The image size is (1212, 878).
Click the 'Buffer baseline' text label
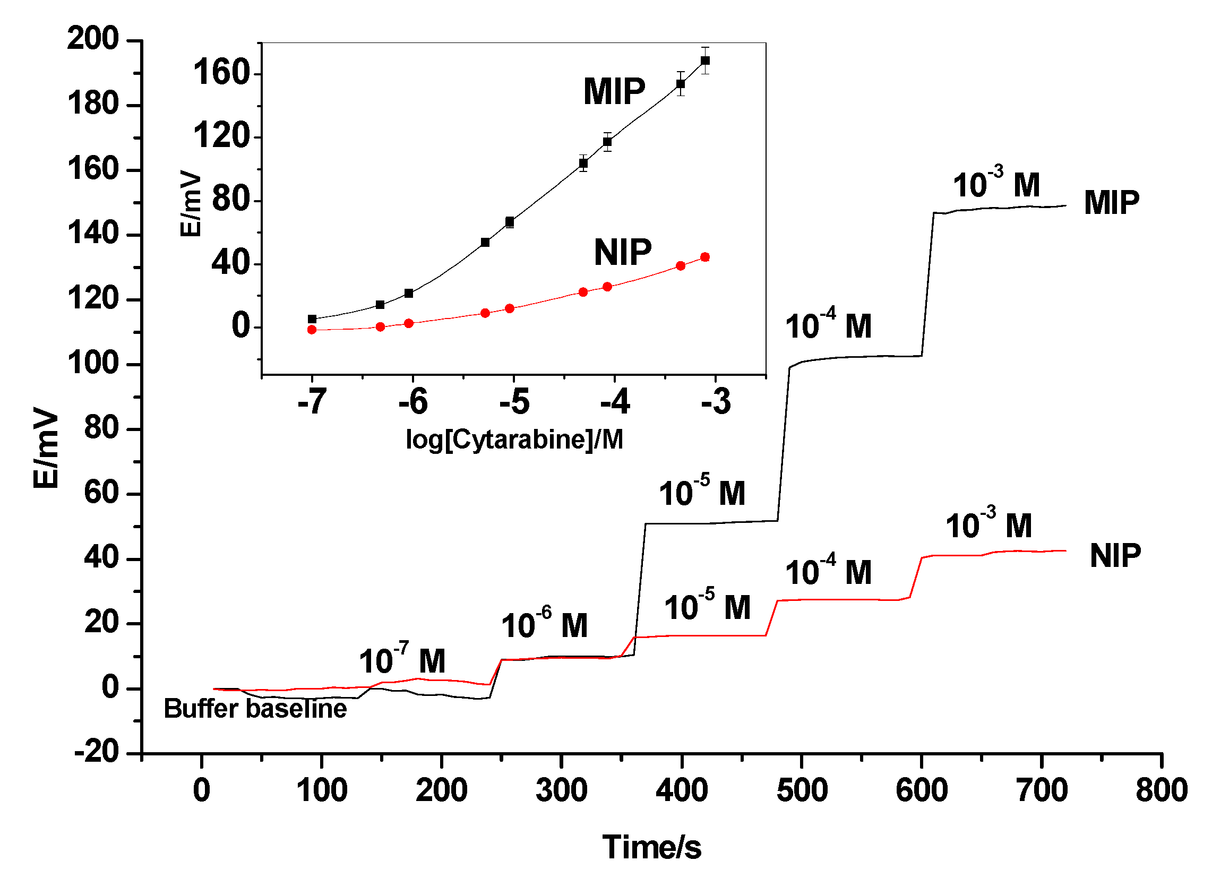point(255,709)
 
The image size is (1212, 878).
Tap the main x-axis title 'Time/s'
point(651,848)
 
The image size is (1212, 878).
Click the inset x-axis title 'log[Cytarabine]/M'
point(514,440)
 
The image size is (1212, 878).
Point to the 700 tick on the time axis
point(1042,790)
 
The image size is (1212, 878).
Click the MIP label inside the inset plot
point(614,91)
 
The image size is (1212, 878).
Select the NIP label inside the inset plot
point(623,252)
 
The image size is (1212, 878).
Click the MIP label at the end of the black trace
point(1112,203)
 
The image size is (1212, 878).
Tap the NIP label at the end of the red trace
point(1115,556)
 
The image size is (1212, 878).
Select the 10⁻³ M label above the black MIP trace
point(996,183)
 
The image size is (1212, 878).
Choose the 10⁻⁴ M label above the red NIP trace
point(828,571)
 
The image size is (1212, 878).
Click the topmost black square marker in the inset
point(705,61)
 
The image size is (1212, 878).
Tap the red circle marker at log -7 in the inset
point(312,330)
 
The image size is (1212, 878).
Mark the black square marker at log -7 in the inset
point(312,319)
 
